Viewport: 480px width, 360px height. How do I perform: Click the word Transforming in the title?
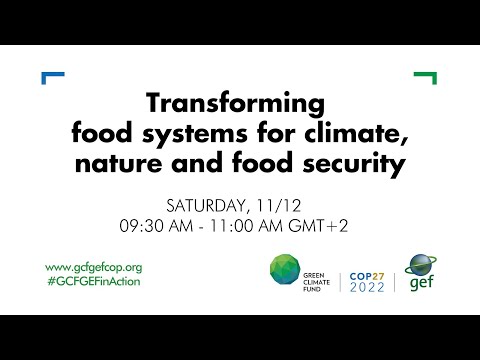pyautogui.click(x=236, y=103)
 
